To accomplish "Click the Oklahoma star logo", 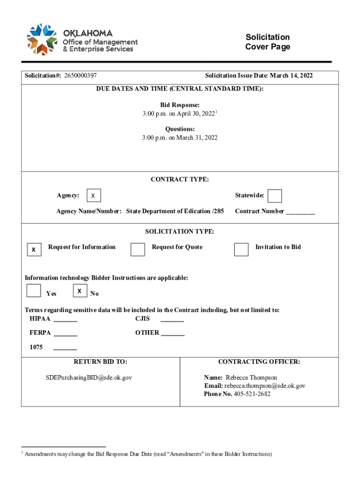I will tap(43, 39).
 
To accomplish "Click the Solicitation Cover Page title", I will tap(267, 42).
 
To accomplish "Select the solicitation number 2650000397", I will tap(80, 75).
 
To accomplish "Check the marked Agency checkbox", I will tap(94, 196).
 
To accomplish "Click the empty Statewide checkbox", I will tap(275, 196).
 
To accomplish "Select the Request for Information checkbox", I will tap(34, 250).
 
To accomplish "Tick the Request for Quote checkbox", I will tap(137, 250).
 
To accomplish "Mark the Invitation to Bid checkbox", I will tap(241, 250).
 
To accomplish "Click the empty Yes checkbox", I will tap(34, 290).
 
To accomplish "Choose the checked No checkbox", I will tap(80, 290).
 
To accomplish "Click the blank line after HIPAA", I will tap(65, 320).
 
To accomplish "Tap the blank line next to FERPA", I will tap(65, 334).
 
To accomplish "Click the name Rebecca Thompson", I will tap(252, 377).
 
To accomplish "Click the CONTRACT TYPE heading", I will tap(180, 179).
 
